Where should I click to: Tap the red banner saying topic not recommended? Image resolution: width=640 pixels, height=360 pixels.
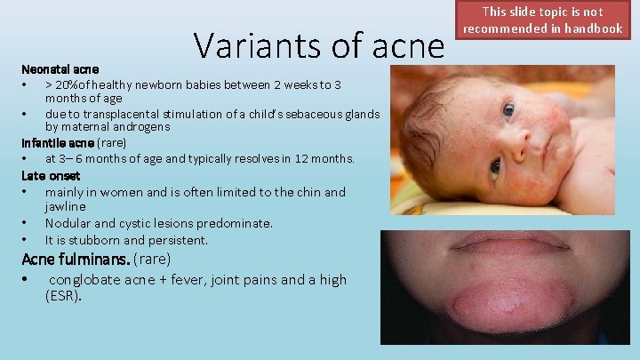click(x=542, y=20)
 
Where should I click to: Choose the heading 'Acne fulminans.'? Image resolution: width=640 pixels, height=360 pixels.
click(x=76, y=260)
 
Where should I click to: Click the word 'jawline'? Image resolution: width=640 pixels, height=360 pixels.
click(x=66, y=206)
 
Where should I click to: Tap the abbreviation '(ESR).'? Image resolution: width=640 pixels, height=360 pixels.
click(x=63, y=296)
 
